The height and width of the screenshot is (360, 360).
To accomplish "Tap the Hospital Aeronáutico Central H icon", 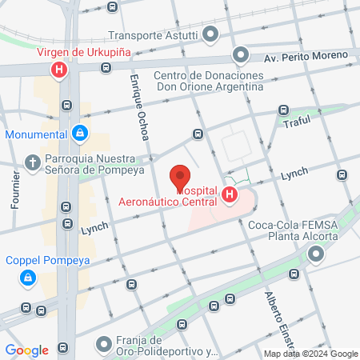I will (x=230, y=194).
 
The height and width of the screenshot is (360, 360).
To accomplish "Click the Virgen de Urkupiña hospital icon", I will (x=58, y=71).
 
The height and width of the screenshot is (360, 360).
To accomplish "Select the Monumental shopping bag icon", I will (x=80, y=134).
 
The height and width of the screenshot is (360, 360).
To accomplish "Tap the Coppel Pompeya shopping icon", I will (x=28, y=278).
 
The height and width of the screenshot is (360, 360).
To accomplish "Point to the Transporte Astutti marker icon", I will (x=210, y=34).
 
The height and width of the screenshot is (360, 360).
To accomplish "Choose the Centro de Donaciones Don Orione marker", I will (x=240, y=55).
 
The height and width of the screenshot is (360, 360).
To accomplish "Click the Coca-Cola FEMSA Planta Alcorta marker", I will (x=316, y=255).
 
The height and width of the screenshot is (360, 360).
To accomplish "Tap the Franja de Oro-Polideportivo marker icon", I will (x=103, y=345).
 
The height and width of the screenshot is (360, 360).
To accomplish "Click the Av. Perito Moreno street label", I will (x=307, y=58).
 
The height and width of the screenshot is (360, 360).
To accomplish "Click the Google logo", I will (x=26, y=350).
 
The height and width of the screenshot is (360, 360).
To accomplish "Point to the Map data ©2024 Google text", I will (x=311, y=354).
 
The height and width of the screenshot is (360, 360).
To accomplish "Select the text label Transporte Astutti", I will (x=154, y=35).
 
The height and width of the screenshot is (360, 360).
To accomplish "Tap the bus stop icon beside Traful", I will (x=282, y=110).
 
